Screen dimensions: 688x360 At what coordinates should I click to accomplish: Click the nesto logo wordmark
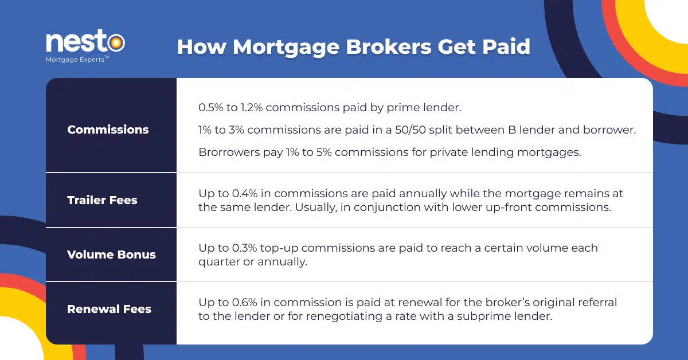85,41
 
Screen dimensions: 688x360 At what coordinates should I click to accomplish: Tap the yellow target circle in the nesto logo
116,42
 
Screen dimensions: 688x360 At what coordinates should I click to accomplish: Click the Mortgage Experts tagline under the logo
77,59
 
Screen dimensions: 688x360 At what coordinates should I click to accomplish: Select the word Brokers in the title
389,47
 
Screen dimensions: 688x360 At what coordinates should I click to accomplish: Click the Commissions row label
108,130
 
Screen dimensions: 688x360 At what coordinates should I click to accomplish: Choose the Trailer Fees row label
102,200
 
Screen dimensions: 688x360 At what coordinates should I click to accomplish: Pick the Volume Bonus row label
111,255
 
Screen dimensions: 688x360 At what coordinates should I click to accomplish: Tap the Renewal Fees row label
109,309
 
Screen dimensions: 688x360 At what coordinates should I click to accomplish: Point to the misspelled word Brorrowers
229,152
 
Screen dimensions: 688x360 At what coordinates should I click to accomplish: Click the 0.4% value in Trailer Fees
245,194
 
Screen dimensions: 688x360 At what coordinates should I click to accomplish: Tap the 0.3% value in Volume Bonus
244,248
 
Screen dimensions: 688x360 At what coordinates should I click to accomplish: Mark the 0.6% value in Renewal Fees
245,302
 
